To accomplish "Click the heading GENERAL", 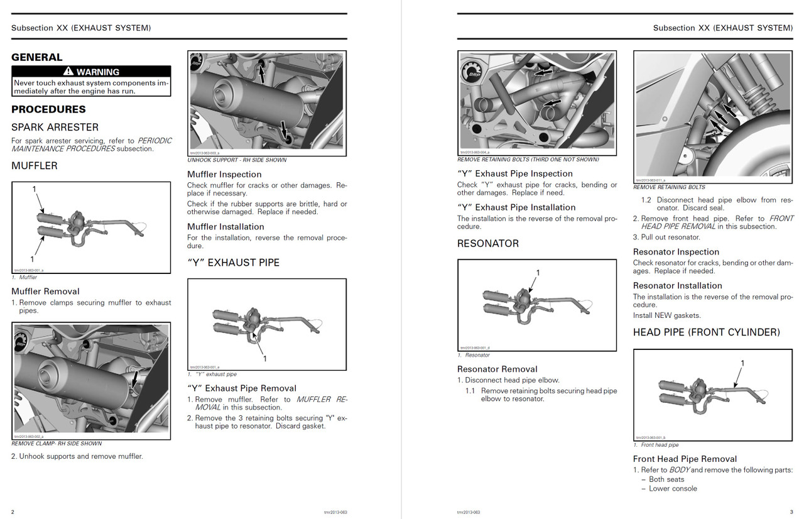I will [x=37, y=57].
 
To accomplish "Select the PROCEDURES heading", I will [x=48, y=109].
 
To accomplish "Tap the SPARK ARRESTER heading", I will [x=55, y=127].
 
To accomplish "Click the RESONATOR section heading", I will [x=488, y=243].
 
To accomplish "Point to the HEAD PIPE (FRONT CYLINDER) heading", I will [x=706, y=332].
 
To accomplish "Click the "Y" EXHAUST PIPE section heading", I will [x=233, y=262].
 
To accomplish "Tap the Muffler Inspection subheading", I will [x=224, y=174].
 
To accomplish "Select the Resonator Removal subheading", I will [x=497, y=369].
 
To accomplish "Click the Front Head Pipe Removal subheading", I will [x=685, y=459].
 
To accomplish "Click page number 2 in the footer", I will [x=13, y=511].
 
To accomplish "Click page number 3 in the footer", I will [x=791, y=511].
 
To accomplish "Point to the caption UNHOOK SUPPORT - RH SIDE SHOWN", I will [x=237, y=160].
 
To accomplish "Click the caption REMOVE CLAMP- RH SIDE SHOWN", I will [x=57, y=443].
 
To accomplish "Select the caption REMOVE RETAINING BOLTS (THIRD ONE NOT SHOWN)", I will [x=528, y=159].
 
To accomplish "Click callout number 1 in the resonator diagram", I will [x=538, y=273].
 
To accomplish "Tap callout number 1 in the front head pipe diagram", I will [x=742, y=363].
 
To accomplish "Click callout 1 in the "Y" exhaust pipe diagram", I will [x=265, y=358].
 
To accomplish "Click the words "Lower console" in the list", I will [x=673, y=488].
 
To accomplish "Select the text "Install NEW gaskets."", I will [x=666, y=315].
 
